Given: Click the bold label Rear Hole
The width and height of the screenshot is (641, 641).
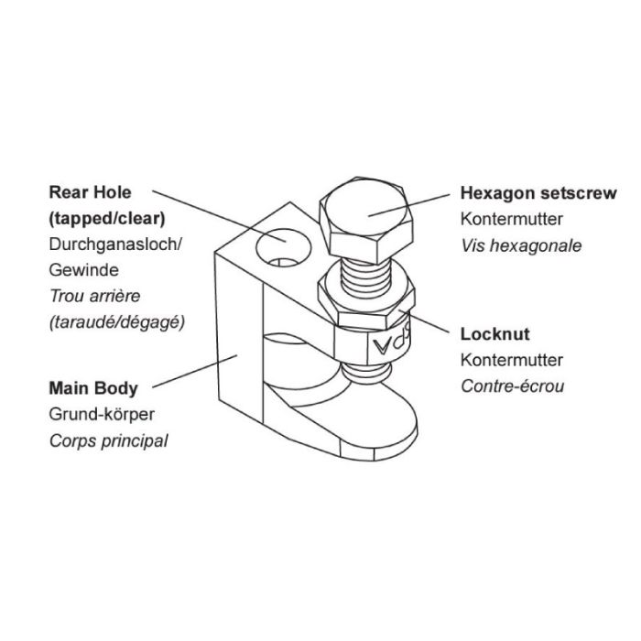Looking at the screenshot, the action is coord(90,192).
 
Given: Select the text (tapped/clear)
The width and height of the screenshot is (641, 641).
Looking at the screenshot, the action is coord(107,219).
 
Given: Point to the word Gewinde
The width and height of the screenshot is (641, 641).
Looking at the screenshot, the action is coord(84,270).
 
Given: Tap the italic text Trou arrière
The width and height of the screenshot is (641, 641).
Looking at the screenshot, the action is coord(95,296).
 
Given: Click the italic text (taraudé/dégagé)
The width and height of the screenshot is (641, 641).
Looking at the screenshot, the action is coord(117,322).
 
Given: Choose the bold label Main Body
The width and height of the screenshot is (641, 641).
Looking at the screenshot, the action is coord(93,388).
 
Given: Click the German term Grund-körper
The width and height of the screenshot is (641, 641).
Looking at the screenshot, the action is coord(102,415).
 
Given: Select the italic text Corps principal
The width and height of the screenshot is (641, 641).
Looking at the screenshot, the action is coord(108,441).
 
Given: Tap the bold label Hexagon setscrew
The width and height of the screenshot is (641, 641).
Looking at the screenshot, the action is coord(538,193).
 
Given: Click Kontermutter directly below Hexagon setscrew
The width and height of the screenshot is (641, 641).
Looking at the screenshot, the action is coord(511,219).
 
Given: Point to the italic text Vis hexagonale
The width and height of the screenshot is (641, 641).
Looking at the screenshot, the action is coord(521,245).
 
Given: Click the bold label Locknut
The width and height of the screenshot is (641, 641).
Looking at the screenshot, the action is coord(495,334).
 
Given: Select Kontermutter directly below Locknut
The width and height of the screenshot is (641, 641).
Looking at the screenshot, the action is coord(511,360).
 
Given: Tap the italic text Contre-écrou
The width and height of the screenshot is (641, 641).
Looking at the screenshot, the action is coord(512,386).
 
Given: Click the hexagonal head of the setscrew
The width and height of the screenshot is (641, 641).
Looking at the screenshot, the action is coord(365,220).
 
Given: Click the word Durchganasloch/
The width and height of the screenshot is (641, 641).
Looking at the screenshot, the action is coord(115,244).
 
